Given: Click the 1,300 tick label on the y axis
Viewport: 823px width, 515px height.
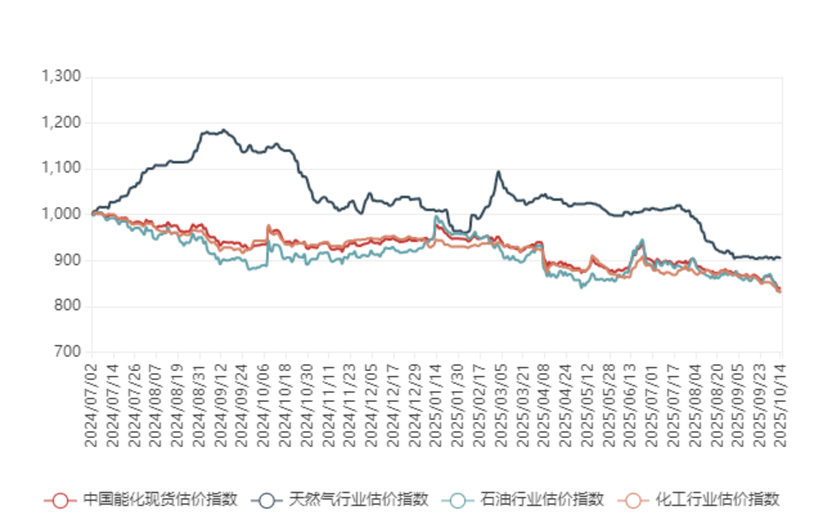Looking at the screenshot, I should coord(62,77).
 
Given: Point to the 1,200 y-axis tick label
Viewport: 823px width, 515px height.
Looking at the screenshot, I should coord(62,124).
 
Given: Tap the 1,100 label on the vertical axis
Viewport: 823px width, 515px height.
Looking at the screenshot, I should coord(62,169).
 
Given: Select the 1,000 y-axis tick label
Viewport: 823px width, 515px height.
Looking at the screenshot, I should coord(62,215).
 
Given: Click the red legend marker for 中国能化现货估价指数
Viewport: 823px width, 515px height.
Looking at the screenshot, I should coord(59,500).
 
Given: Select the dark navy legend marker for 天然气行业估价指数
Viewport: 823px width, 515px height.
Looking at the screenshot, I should coord(267,500).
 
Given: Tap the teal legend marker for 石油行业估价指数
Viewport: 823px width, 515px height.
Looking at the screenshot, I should coord(458,500).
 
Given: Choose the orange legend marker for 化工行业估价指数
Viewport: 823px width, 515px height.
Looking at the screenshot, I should coord(633,500).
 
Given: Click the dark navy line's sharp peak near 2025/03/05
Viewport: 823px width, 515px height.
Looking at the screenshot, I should coord(498,173).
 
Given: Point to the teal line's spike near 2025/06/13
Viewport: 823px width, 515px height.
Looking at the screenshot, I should coord(641,240).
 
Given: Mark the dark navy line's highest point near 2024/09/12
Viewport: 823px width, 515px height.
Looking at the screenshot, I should coord(225,130).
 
